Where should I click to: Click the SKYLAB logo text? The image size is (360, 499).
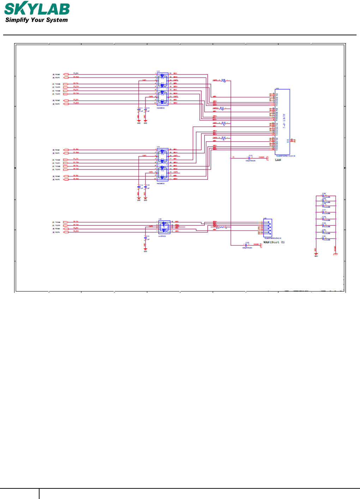(x=37, y=9)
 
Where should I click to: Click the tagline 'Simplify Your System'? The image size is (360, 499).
(x=36, y=20)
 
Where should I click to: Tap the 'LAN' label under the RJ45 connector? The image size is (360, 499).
(x=278, y=160)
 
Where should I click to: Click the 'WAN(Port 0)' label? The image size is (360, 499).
(x=274, y=242)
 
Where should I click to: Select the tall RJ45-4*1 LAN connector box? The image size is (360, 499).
(x=282, y=122)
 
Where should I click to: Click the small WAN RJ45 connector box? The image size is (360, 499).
(x=268, y=228)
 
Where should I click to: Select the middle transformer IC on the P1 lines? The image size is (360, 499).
(x=162, y=164)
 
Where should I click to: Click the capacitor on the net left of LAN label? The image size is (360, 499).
(x=250, y=158)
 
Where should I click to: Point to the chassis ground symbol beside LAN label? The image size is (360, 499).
(x=267, y=158)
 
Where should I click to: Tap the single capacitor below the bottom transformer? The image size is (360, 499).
(x=145, y=238)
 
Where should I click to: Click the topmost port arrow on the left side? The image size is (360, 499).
(x=66, y=75)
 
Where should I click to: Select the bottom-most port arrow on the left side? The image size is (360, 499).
(x=66, y=232)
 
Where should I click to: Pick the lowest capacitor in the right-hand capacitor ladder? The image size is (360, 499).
(x=323, y=238)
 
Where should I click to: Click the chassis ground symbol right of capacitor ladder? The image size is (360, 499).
(x=335, y=254)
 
